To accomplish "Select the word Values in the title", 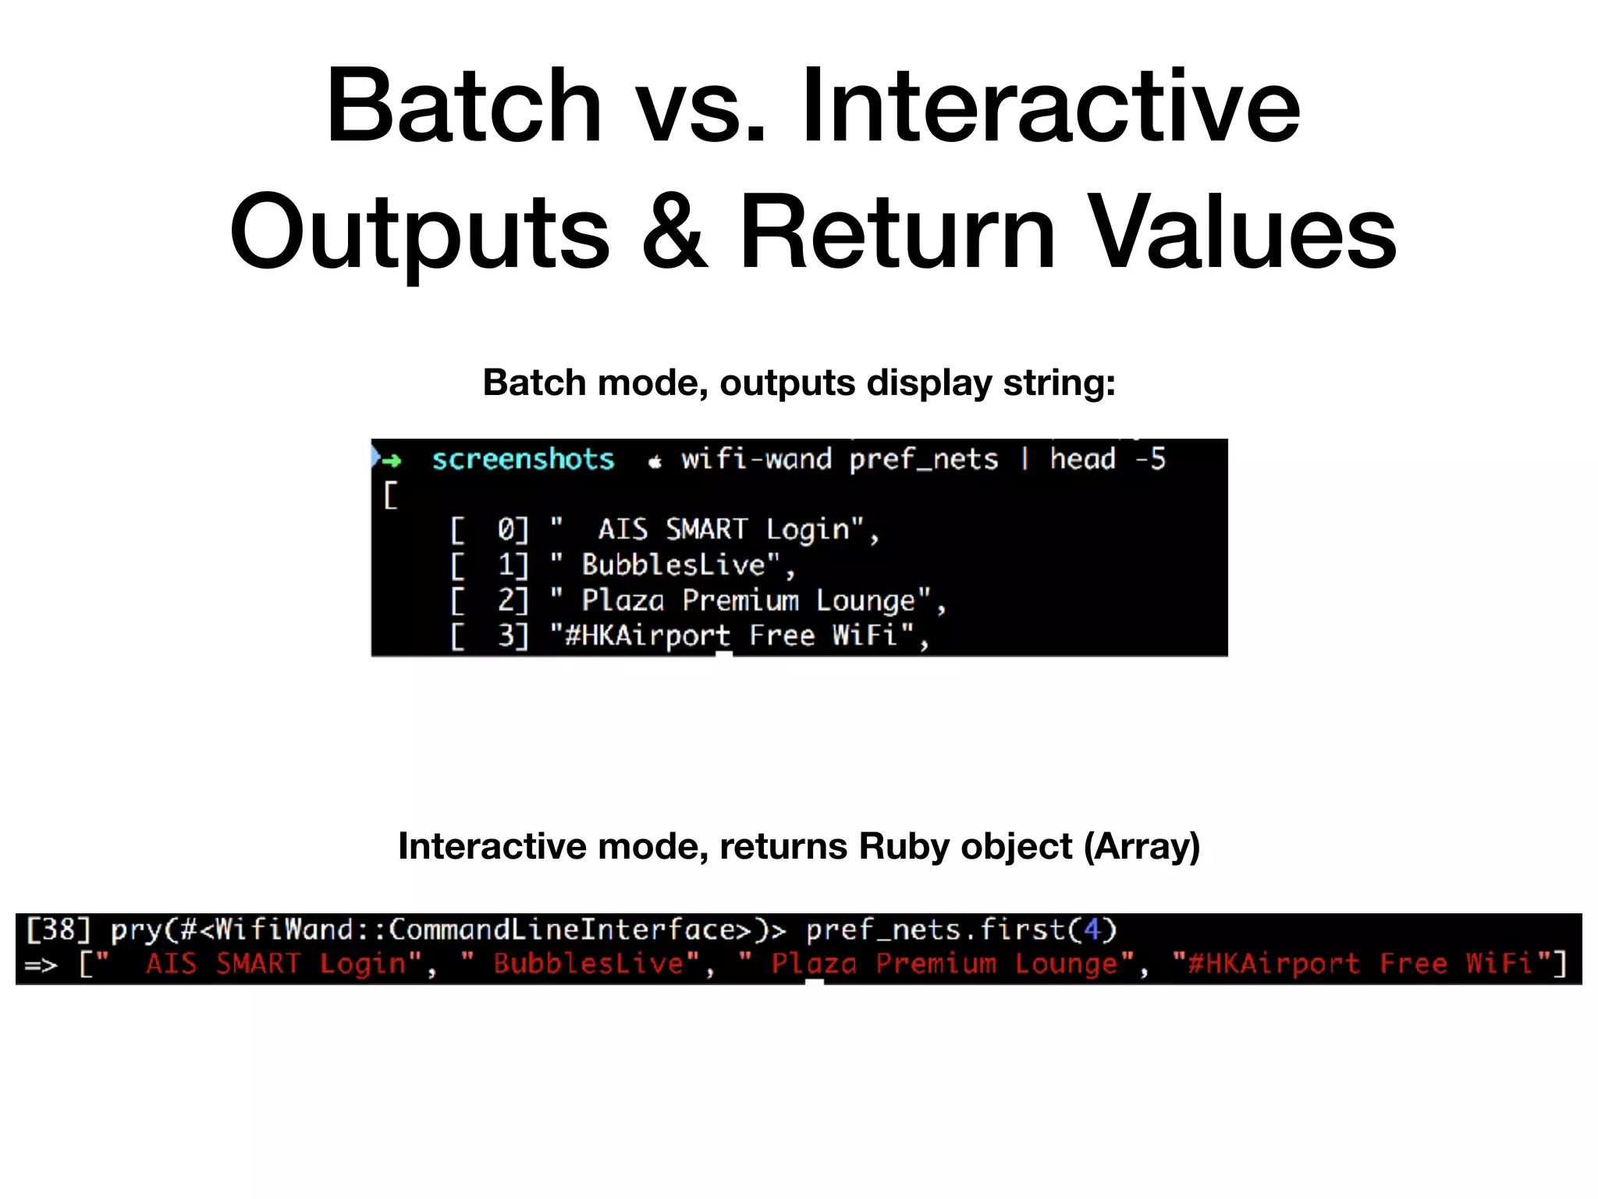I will point(1242,233).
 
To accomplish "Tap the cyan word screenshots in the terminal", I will point(523,460).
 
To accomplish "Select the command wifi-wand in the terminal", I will point(756,460).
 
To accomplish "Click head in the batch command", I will point(1082,459).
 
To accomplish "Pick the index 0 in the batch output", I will point(507,530).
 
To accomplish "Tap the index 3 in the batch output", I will point(507,636).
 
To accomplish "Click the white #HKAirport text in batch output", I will point(648,636).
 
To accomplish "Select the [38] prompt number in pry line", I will point(59,930).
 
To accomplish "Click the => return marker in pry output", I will point(41,966).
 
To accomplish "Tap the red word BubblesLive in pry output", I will point(588,964).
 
